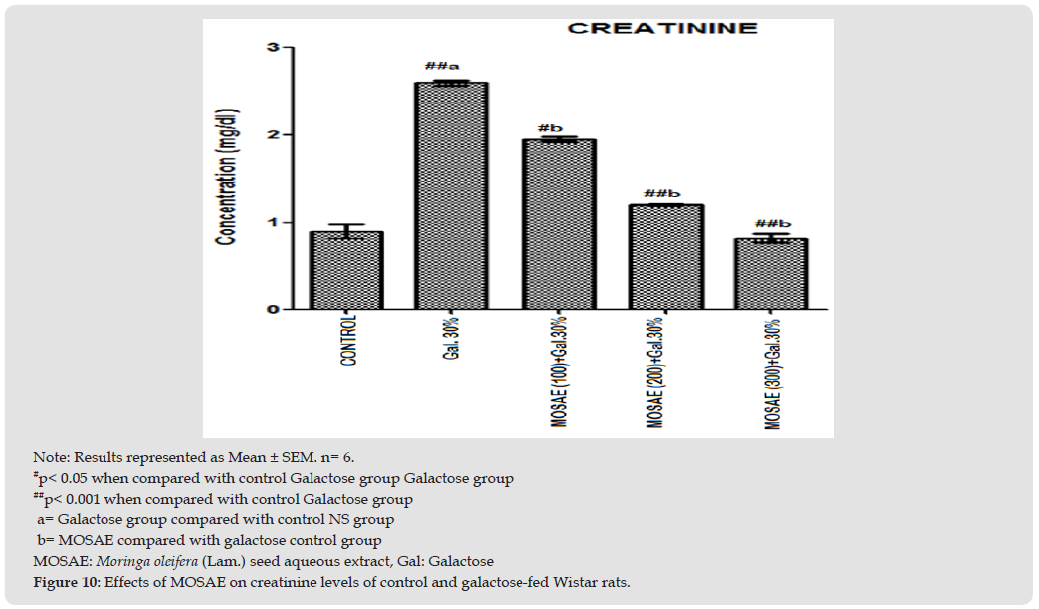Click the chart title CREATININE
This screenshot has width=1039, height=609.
(662, 28)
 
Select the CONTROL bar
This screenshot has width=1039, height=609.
(347, 271)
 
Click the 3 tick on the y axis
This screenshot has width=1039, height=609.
(272, 48)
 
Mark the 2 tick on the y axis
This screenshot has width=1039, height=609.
(272, 135)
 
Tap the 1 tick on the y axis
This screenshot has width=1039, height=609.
(272, 222)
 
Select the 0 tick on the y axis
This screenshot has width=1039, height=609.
(272, 309)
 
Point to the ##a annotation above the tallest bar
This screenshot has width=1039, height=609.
(441, 67)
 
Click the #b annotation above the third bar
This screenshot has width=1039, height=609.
(549, 128)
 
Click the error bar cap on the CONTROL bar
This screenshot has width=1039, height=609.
(347, 225)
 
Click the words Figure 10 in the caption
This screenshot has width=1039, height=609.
(68, 582)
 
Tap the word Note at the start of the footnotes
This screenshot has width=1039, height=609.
(47, 457)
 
